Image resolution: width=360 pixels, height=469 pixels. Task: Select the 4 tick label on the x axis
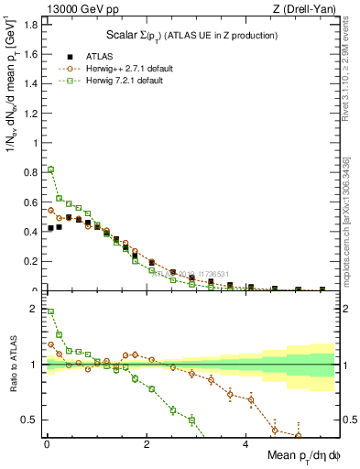[245, 445]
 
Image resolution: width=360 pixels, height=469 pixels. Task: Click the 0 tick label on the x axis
[46, 445]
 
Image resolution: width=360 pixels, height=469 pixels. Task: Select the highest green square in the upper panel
[50, 169]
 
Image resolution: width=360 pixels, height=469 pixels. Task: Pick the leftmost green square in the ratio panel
[50, 311]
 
